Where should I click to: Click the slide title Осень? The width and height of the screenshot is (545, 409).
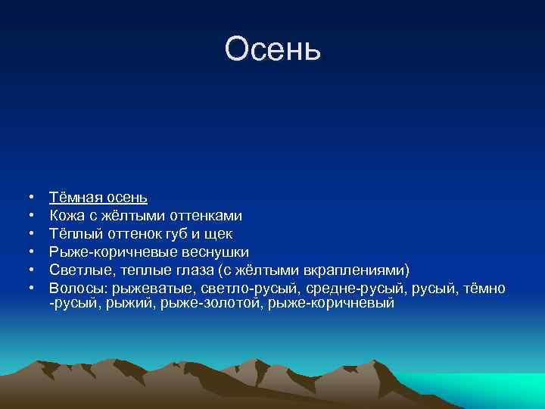pyautogui.click(x=272, y=50)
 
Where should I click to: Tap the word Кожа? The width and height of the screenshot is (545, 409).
pyautogui.click(x=66, y=216)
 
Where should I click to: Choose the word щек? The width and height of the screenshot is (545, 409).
pyautogui.click(x=220, y=234)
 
